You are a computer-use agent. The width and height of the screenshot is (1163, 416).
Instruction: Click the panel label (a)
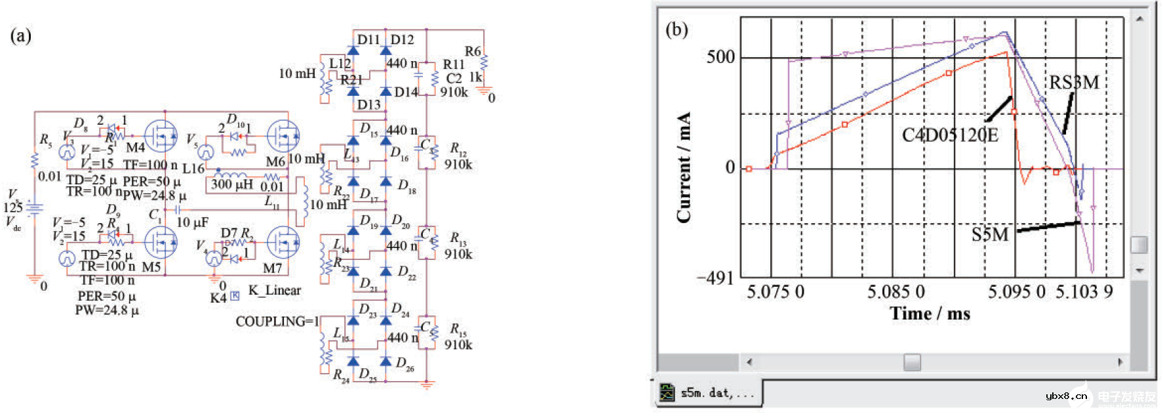[x=20, y=35]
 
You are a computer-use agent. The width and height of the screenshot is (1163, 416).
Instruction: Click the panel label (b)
[x=677, y=30]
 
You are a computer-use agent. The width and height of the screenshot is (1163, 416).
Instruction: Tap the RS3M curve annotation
[x=1074, y=83]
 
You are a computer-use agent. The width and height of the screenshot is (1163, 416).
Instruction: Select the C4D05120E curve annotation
[x=950, y=135]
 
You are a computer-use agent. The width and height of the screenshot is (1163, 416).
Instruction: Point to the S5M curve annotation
[x=989, y=234]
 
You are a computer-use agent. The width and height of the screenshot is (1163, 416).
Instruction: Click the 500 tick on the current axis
[x=720, y=57]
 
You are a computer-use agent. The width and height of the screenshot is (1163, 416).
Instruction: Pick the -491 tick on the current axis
[x=715, y=278]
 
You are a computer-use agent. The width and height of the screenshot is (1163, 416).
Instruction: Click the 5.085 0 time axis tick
[x=896, y=292]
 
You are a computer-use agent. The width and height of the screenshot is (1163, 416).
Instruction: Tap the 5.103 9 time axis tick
[x=1084, y=292]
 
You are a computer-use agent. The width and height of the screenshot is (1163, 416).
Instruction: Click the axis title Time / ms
[x=930, y=314]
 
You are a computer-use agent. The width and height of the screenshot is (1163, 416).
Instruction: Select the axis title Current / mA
[x=684, y=167]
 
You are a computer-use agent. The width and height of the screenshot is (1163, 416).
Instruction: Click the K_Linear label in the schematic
[x=274, y=290]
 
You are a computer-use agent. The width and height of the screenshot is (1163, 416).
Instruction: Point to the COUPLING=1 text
[x=277, y=322]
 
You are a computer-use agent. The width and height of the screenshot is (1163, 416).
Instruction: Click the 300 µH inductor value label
[x=231, y=185]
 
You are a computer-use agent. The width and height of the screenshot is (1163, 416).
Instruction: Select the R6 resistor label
[x=473, y=51]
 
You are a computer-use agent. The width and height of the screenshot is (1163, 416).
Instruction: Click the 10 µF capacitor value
[x=192, y=222]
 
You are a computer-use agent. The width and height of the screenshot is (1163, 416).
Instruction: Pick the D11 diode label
[x=368, y=39]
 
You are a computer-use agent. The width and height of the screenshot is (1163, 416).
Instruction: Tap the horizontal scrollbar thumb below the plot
[x=912, y=362]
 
